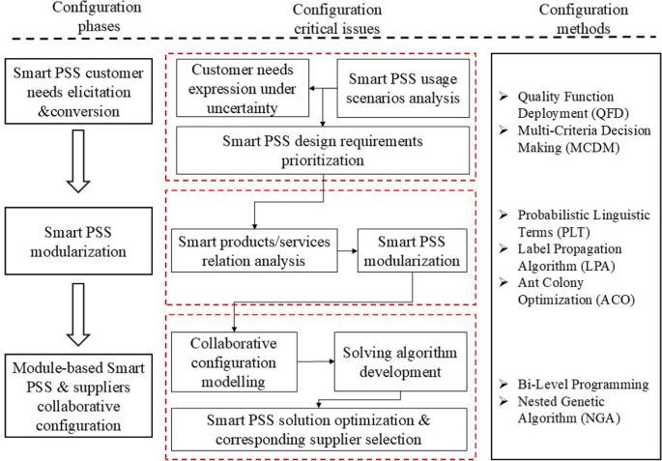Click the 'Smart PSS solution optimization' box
click(323, 427)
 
